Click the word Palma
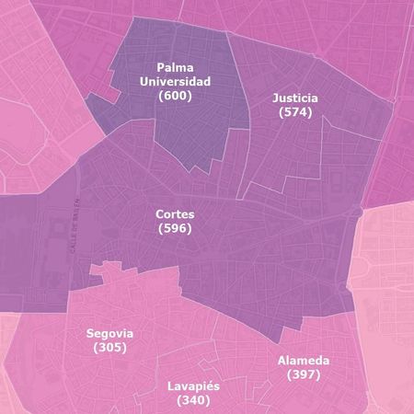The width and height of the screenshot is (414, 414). point(175,67)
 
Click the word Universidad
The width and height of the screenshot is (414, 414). point(175,81)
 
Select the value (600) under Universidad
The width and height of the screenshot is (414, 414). point(175,95)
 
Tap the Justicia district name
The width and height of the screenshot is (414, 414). point(295,98)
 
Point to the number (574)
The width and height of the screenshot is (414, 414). point(295,112)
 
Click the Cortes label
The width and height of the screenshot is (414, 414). point(175,213)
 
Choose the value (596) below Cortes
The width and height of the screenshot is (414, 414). point(175,228)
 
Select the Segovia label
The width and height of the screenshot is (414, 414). point(109,333)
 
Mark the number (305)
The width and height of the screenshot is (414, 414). point(109,348)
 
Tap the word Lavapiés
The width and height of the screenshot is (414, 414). point(193,386)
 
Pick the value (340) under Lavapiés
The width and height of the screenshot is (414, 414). point(193,401)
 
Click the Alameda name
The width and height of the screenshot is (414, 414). point(304,361)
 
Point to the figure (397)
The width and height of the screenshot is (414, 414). point(304,375)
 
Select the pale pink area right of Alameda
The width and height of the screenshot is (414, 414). point(386,276)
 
